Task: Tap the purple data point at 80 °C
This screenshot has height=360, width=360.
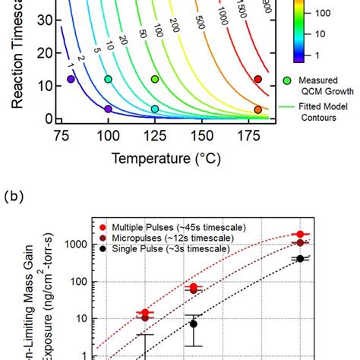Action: tap(71, 79)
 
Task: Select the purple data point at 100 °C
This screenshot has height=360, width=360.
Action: tap(108, 109)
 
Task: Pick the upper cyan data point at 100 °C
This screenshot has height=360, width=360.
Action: tap(108, 79)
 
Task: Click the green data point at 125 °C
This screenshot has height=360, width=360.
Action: tap(155, 79)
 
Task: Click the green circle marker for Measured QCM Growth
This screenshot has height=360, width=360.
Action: tap(287, 80)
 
